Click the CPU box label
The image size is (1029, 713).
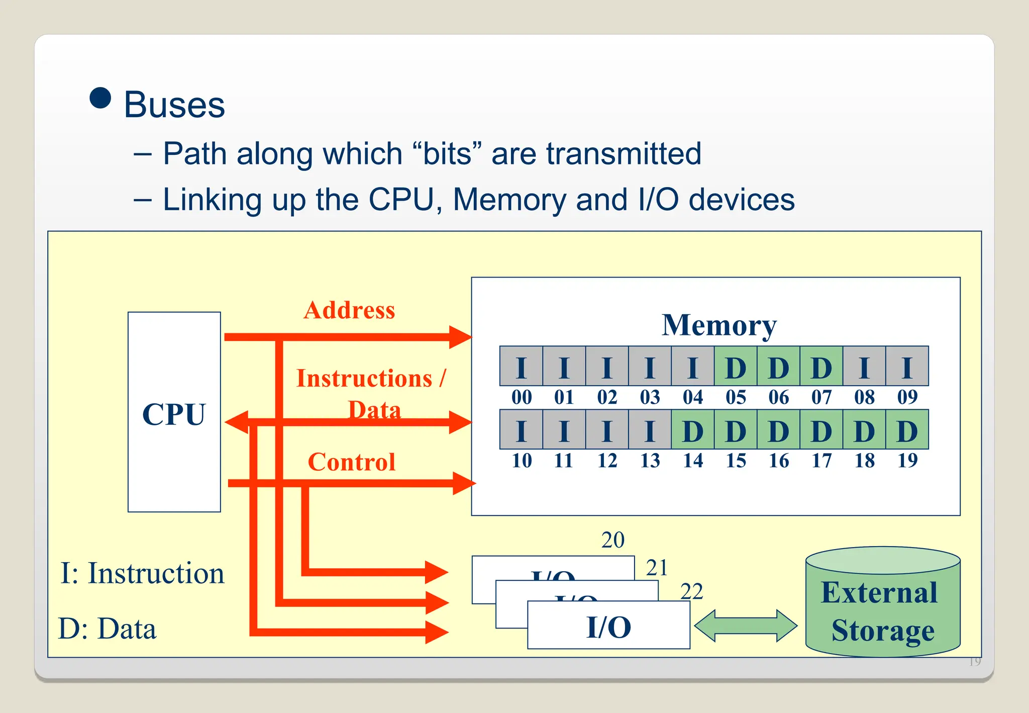pos(174,415)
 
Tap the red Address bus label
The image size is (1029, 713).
pos(349,310)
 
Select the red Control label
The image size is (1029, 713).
pos(352,462)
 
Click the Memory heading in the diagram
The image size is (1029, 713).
pos(719,325)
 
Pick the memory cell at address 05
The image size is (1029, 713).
pos(736,367)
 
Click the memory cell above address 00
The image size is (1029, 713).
pos(521,367)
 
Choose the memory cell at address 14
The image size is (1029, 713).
pos(692,430)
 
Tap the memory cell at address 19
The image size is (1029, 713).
pos(907,430)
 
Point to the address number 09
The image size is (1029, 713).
pos(907,398)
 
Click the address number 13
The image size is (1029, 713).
pos(650,461)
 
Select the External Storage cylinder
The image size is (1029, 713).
pos(883,603)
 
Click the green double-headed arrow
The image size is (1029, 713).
pos(746,626)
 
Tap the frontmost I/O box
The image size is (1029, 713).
pos(608,626)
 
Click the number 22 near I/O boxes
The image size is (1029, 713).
pos(691,591)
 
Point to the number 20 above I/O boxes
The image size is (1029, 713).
pos(612,540)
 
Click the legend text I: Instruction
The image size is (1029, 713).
pos(142,573)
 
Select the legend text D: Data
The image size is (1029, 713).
pos(107,629)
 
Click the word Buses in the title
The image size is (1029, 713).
pos(174,105)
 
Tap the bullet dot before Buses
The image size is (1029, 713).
pos(100,98)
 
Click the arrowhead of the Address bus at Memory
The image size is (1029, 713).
pos(460,337)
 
